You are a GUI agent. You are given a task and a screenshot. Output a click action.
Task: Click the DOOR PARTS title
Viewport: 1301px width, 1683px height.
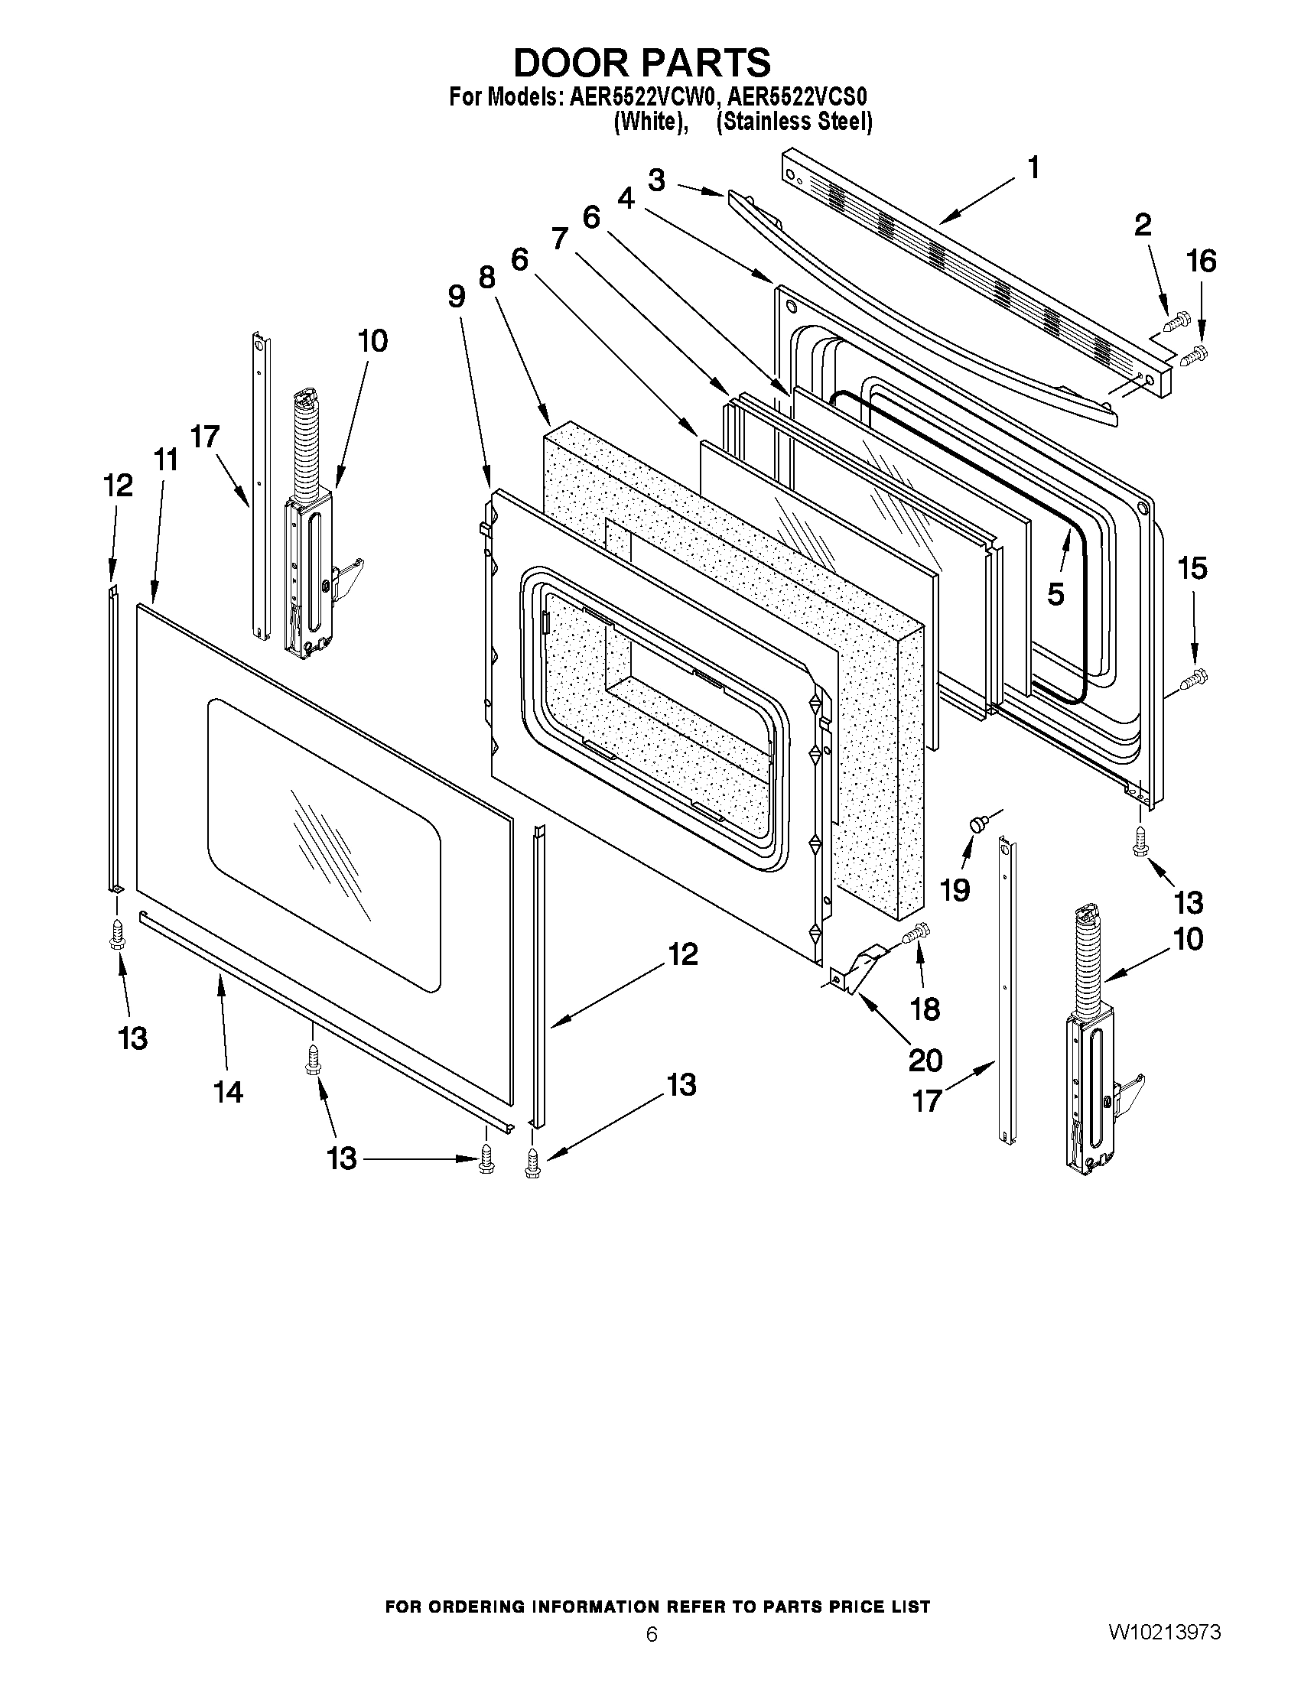click(x=641, y=63)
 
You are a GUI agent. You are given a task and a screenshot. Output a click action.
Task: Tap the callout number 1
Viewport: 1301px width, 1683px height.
click(x=1033, y=167)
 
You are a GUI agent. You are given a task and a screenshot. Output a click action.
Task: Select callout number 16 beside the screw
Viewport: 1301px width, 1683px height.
click(x=1201, y=262)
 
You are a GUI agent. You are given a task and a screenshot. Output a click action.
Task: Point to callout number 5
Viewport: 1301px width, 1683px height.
click(x=1055, y=593)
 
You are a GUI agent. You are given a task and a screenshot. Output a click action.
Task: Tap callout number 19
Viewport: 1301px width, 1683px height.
click(x=955, y=890)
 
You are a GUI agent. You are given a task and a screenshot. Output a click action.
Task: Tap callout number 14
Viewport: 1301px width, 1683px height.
click(x=228, y=1091)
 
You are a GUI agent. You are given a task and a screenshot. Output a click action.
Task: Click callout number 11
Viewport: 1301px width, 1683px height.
click(x=165, y=461)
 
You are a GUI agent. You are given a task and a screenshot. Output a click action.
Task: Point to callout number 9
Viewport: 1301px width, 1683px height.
click(x=457, y=297)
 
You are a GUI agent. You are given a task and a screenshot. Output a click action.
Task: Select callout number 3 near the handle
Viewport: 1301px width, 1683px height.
click(x=656, y=180)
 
